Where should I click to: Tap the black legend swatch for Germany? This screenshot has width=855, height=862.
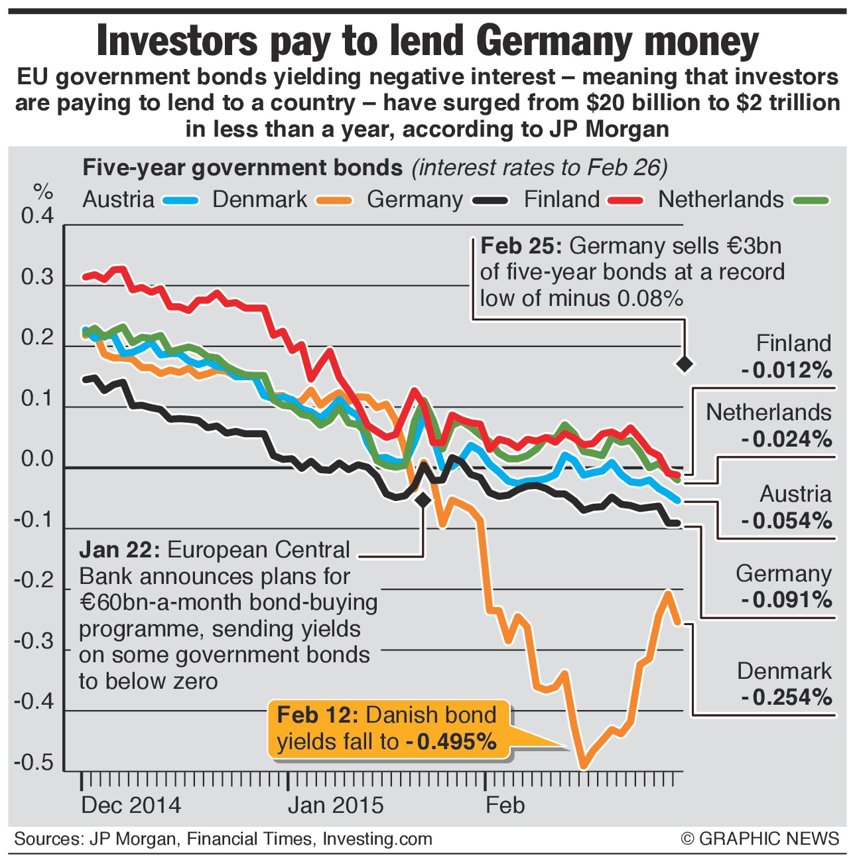click(x=490, y=200)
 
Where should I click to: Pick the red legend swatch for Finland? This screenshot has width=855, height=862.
click(x=625, y=200)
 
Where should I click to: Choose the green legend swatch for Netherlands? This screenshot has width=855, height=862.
click(x=810, y=200)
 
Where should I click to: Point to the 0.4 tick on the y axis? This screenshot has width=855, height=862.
click(x=37, y=216)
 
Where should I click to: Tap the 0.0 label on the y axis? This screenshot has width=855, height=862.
click(x=37, y=459)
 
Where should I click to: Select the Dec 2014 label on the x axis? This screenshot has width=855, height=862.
click(x=131, y=805)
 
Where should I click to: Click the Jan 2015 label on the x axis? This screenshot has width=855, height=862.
click(x=336, y=805)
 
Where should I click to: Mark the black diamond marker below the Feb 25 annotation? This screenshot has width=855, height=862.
click(x=685, y=364)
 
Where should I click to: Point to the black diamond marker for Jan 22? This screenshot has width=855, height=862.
click(x=423, y=500)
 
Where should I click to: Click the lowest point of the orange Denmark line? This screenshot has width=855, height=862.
click(x=583, y=767)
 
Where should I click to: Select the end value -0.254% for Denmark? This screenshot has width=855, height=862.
click(x=787, y=697)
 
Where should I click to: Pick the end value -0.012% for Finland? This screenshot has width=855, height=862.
click(x=787, y=370)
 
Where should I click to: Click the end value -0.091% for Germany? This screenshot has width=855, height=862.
click(x=787, y=600)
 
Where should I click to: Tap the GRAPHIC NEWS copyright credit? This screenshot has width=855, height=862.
click(x=760, y=839)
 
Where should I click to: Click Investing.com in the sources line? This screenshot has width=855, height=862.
click(x=377, y=839)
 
